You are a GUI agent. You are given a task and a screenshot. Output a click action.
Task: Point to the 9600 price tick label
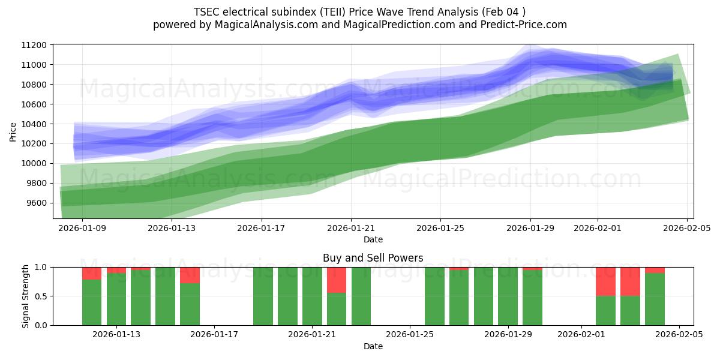38,203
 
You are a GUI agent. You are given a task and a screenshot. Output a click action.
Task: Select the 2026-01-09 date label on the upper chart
82,228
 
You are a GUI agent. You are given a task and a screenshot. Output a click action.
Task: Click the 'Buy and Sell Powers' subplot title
373,258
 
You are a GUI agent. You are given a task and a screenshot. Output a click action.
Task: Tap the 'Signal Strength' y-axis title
25,296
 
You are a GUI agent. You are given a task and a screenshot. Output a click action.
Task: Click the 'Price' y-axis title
13,131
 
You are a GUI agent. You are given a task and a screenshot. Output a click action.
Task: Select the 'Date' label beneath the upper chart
373,239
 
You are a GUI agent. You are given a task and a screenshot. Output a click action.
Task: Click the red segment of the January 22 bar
337,280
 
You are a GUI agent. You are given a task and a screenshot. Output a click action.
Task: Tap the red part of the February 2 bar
605,281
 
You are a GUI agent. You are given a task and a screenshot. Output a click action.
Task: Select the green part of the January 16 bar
190,304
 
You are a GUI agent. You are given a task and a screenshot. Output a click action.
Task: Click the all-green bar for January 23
361,296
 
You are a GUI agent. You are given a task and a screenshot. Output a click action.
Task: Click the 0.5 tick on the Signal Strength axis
41,296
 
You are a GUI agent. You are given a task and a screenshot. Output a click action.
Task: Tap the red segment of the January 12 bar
92,274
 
